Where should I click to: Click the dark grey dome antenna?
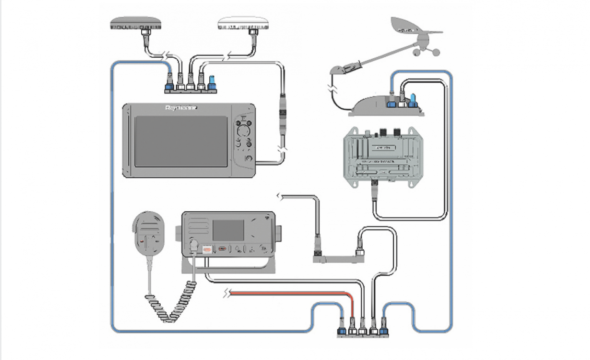(135, 23)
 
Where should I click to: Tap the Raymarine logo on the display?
(181, 108)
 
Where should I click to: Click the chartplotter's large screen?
(181, 141)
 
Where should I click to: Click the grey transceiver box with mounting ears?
(381, 157)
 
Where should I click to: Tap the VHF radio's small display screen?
(229, 230)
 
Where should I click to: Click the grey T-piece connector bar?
(338, 259)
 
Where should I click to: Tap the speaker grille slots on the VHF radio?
(198, 226)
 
